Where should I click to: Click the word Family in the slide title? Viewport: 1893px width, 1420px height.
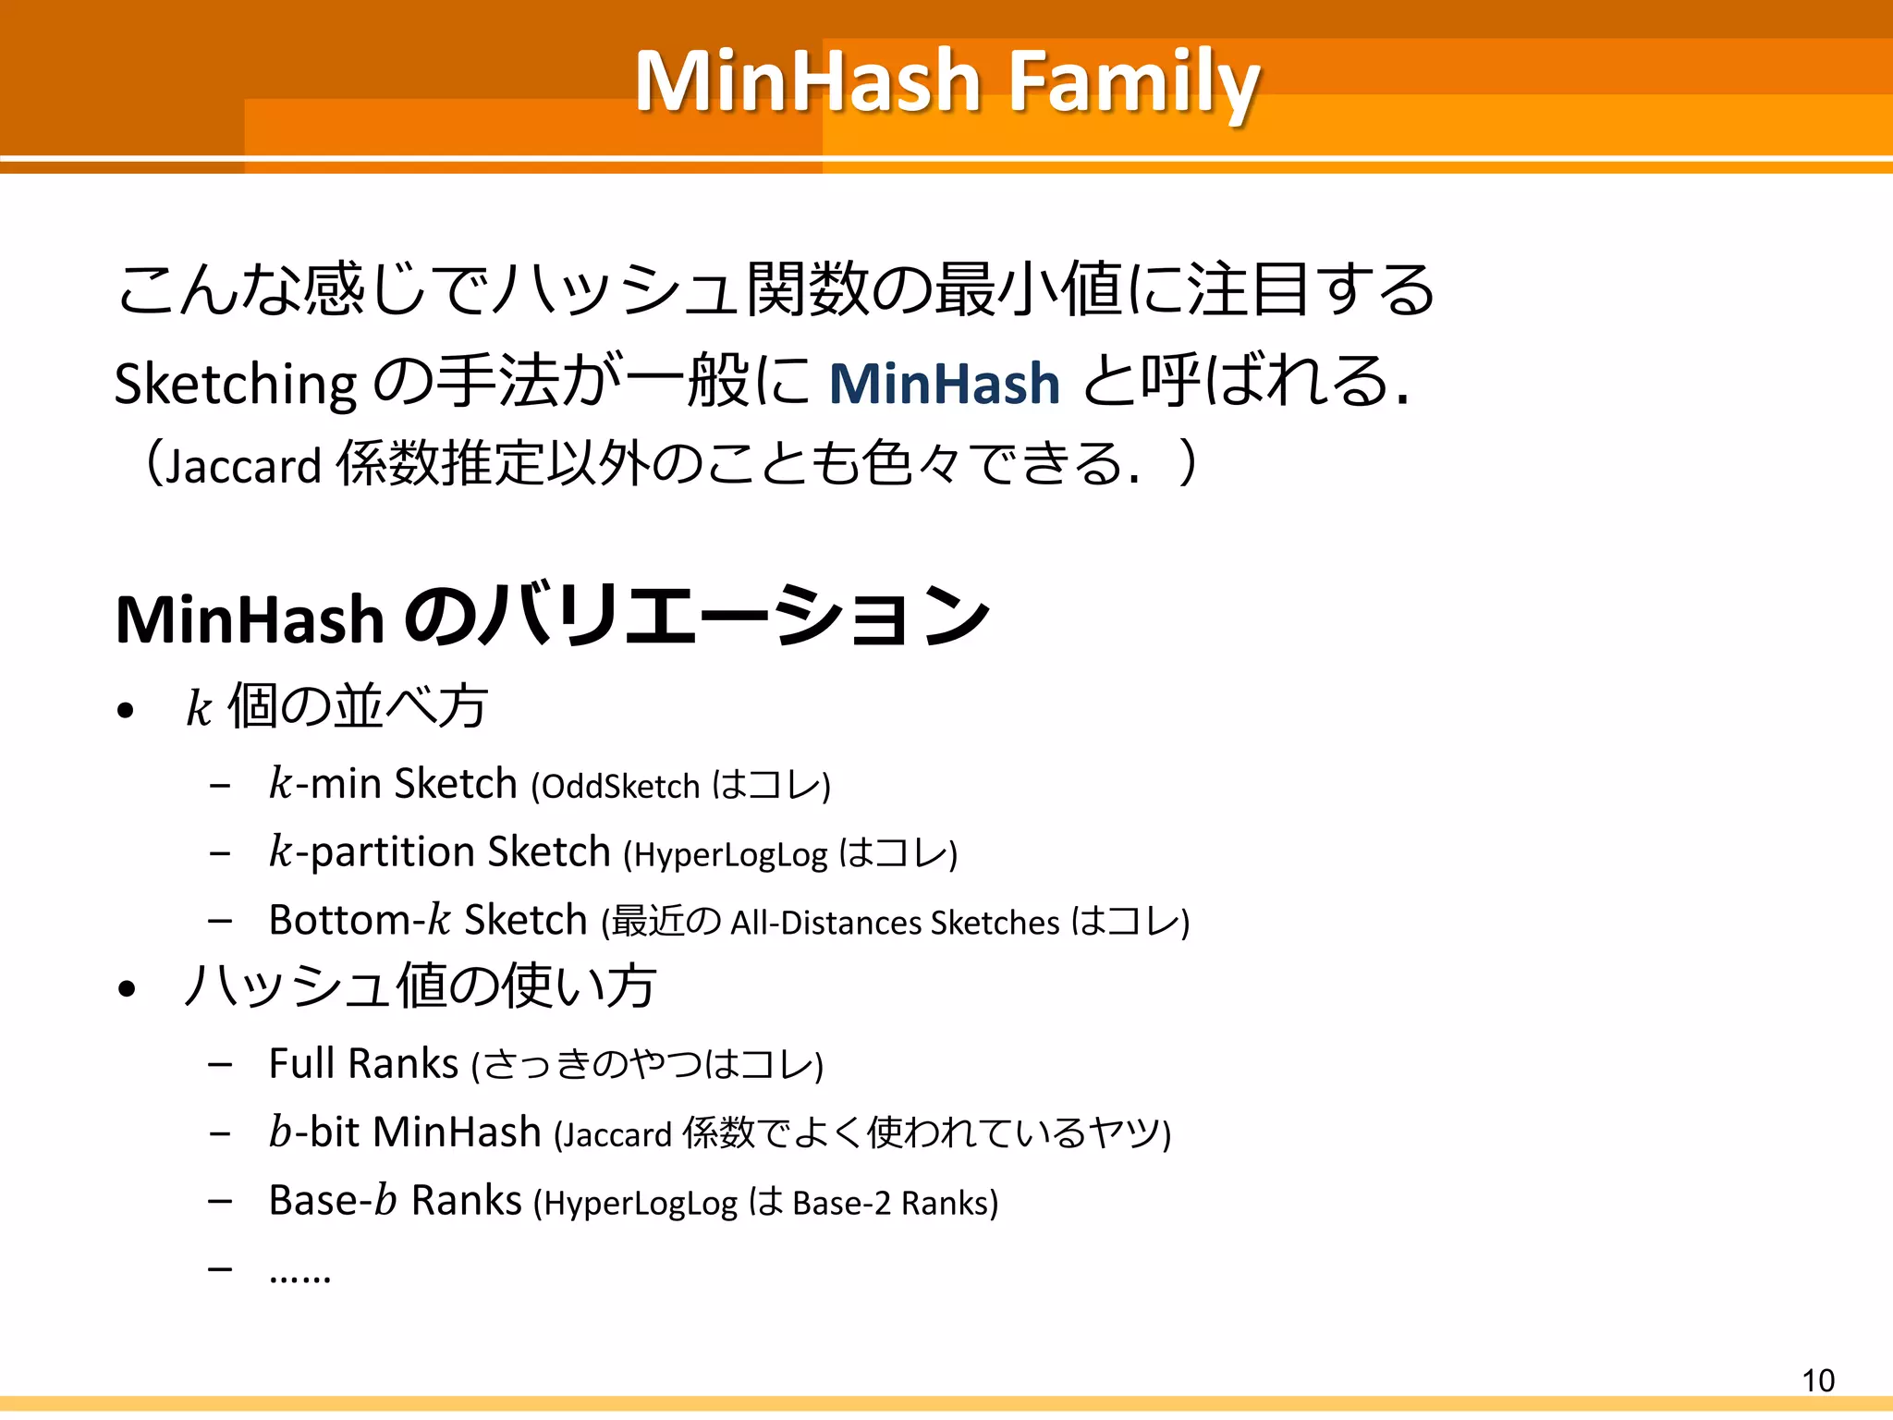1133,83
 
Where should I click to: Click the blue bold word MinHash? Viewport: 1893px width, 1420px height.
944,384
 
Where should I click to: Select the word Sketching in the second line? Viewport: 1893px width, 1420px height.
236,385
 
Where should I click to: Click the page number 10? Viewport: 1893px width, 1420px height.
1817,1380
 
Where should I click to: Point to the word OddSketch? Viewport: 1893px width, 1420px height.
620,787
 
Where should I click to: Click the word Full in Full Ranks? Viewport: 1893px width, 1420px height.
301,1063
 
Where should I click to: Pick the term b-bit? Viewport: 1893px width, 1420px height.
313,1132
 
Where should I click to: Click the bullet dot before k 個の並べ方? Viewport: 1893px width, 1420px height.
127,711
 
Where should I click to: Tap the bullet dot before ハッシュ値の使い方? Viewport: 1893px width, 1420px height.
127,989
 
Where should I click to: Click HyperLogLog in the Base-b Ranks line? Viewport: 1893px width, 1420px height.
641,1204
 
